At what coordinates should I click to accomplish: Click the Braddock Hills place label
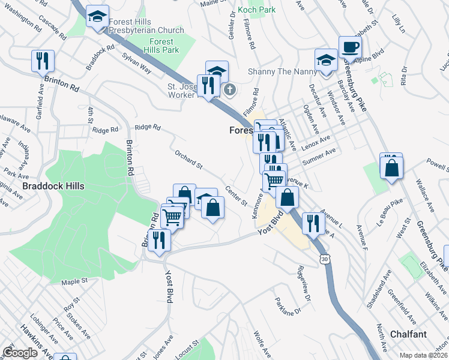(53, 186)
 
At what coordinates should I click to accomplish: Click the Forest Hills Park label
(161, 46)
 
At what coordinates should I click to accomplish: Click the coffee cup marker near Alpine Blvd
(350, 47)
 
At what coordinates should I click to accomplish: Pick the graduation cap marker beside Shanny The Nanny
(326, 60)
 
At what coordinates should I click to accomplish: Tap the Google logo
(20, 353)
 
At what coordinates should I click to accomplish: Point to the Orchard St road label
(189, 159)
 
